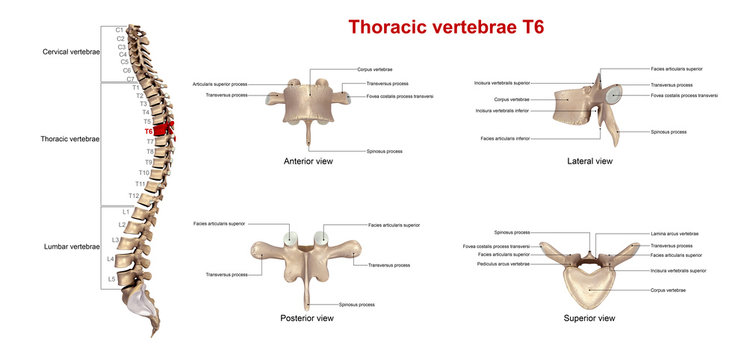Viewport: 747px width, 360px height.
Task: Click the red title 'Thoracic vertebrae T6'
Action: (445, 27)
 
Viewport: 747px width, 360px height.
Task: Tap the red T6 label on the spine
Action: (148, 131)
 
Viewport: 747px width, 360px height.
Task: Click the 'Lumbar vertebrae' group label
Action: (71, 246)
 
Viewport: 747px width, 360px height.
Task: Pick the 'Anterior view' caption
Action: (308, 159)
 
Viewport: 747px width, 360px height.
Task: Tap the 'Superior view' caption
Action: (589, 318)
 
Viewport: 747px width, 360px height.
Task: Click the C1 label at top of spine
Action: (120, 30)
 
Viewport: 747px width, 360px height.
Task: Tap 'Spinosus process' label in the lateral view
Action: (667, 131)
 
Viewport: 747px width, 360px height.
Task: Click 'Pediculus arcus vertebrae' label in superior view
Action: (504, 264)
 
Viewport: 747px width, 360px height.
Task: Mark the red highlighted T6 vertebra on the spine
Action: (164, 126)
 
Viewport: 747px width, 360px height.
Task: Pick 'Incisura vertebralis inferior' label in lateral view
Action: (502, 110)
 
